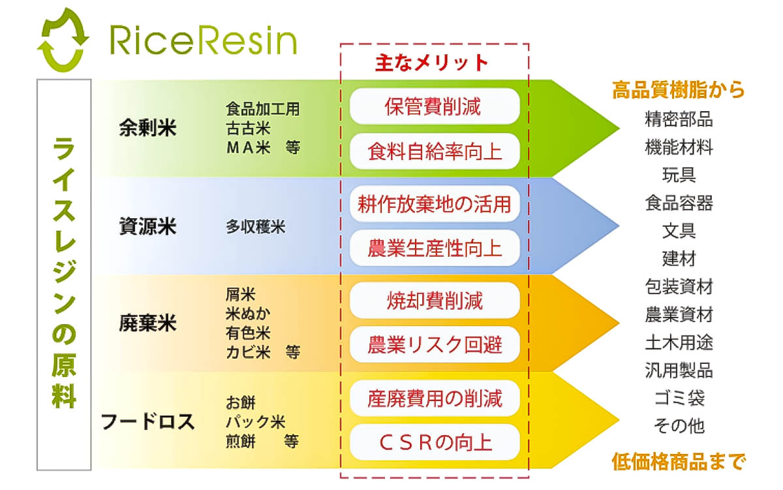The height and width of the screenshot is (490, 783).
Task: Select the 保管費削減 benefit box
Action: point(434,106)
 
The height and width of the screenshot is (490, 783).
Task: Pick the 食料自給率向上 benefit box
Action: point(434,152)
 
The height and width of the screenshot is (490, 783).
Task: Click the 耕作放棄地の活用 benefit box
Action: point(434,203)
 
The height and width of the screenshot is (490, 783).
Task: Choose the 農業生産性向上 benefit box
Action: point(434,249)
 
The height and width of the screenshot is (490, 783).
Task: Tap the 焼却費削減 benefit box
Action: point(434,301)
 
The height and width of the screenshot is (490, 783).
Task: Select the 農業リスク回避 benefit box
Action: point(434,345)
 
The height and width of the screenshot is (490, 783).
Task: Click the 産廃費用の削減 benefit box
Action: point(434,397)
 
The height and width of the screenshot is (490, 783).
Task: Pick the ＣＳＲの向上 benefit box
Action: point(434,442)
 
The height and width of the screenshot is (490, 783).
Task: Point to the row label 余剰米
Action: point(147,128)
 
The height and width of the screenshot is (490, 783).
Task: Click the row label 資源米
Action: point(147,227)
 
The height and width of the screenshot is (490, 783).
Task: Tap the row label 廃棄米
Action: point(147,323)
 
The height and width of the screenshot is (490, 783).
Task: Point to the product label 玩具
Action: point(679,175)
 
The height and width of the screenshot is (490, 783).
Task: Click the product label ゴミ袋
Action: point(679,398)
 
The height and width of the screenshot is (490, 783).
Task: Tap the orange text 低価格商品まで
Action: point(678,462)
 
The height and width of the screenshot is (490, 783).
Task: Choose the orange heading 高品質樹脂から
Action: point(678,90)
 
